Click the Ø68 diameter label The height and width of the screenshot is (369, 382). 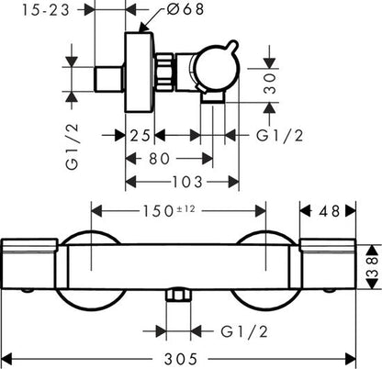coord(185,9)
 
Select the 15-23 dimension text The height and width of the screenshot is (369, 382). coord(46,10)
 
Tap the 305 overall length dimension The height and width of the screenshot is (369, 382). coord(181,359)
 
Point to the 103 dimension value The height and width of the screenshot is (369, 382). coord(187,182)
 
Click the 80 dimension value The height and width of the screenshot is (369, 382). coord(159,159)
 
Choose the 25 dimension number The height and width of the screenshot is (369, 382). coord(140,135)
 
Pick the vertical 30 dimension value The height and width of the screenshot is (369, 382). coord(270,84)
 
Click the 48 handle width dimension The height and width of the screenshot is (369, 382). coord(329,211)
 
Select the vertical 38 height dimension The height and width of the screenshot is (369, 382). coord(373,267)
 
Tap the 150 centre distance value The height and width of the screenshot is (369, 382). coord(158,211)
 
